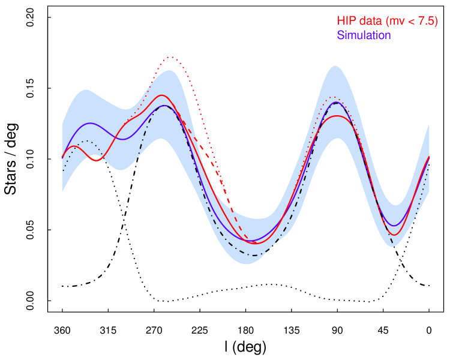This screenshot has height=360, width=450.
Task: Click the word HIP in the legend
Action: pyautogui.click(x=346, y=21)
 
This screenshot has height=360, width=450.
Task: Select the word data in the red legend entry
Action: pyautogui.click(x=370, y=21)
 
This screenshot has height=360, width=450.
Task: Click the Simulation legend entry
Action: pyautogui.click(x=364, y=35)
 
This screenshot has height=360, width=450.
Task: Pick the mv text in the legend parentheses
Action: pyautogui.click(x=395, y=22)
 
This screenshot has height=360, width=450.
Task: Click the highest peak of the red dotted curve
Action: pyautogui.click(x=172, y=57)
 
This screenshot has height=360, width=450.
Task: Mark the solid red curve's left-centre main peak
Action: pyautogui.click(x=161, y=95)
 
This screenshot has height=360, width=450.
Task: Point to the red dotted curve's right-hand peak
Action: pyautogui.click(x=333, y=97)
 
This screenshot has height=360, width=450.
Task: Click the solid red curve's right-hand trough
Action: pyautogui.click(x=395, y=235)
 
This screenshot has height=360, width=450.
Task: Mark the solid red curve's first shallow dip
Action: pyautogui.click(x=98, y=160)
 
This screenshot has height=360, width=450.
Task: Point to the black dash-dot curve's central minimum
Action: pyautogui.click(x=256, y=256)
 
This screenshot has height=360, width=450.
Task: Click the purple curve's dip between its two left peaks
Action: pyautogui.click(x=123, y=139)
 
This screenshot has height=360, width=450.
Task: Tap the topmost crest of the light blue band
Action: pyautogui.click(x=335, y=66)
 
